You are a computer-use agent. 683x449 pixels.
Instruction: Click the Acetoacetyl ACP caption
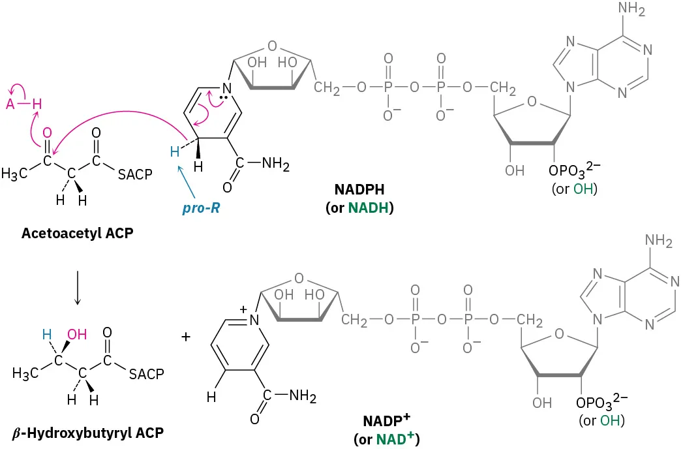point(76,232)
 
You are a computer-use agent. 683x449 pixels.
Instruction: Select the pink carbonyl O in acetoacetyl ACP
point(46,133)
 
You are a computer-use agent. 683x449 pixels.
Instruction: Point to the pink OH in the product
point(76,334)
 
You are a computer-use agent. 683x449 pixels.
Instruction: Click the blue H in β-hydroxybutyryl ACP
point(46,334)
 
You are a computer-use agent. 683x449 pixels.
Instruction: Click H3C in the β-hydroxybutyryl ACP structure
point(25,373)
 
